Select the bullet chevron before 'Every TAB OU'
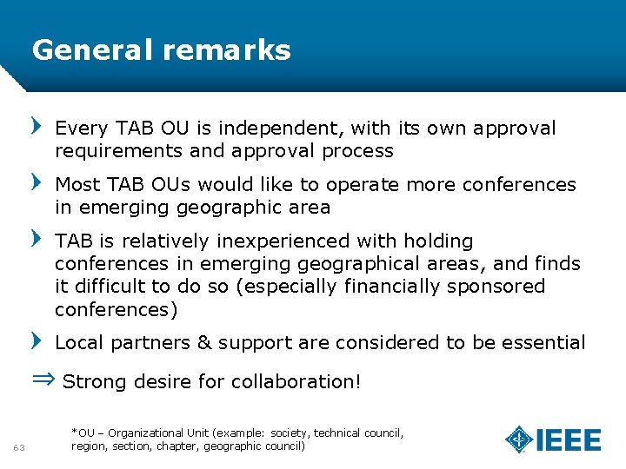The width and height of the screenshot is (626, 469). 37,127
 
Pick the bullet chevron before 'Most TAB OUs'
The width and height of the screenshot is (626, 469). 37,182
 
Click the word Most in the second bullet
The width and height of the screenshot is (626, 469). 78,184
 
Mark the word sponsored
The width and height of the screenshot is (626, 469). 496,286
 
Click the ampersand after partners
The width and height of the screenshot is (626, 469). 204,342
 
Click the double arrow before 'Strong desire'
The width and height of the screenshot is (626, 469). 43,380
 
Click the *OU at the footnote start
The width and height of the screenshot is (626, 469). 83,433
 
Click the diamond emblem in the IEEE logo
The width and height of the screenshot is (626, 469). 519,439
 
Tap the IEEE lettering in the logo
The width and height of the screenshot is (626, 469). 569,440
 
